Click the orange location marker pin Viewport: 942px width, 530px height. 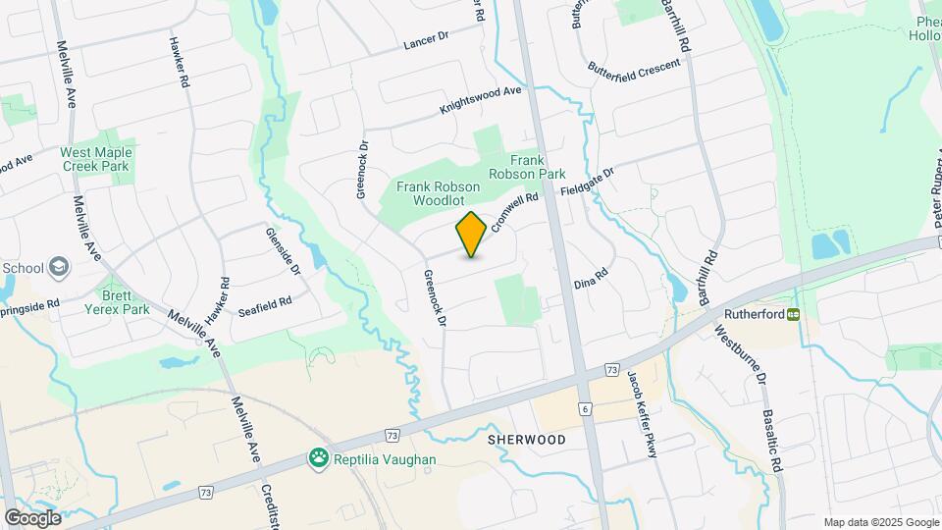click(x=471, y=234)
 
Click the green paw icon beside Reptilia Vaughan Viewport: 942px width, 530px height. click(x=318, y=456)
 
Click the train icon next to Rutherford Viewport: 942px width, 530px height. click(x=791, y=315)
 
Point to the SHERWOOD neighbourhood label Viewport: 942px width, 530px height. click(x=526, y=440)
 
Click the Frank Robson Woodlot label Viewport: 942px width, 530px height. click(x=429, y=192)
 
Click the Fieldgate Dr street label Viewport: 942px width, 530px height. click(x=588, y=183)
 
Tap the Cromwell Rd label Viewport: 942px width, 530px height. click(x=517, y=210)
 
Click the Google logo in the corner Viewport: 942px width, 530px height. click(x=32, y=518)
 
